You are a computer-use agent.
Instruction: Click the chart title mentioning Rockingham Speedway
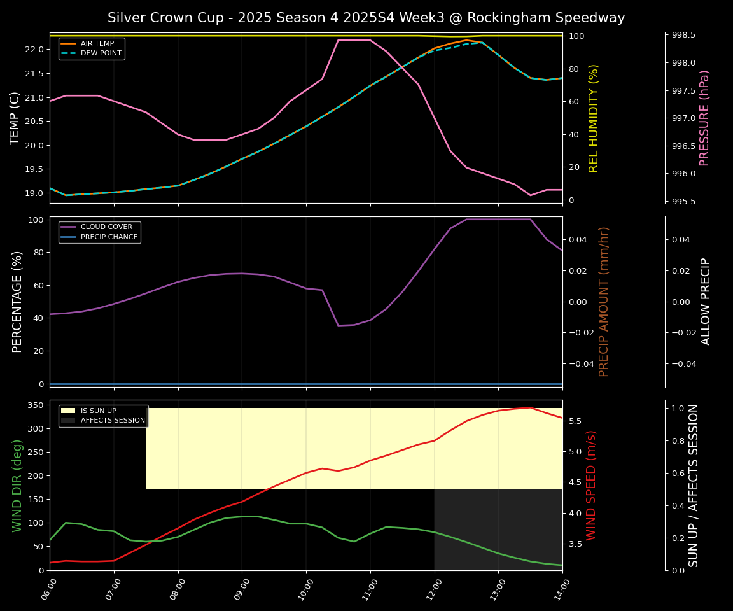pos(366,18)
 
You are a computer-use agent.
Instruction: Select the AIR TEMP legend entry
pos(97,44)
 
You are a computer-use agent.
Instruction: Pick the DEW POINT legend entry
pos(101,53)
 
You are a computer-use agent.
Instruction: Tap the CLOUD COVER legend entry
pos(106,227)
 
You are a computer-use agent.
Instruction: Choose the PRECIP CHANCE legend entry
pos(109,237)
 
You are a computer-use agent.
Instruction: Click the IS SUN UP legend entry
pos(98,411)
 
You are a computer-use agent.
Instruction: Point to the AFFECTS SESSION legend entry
pos(113,421)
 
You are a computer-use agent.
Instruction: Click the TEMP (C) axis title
pos(15,118)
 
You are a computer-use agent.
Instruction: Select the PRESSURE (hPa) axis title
pos(704,118)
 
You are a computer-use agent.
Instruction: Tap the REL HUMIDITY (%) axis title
pos(594,118)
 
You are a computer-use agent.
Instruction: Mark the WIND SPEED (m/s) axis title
pos(592,485)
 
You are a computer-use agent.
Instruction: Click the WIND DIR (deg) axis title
pos(17,485)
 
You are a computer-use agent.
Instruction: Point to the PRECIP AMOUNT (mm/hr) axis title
pos(604,301)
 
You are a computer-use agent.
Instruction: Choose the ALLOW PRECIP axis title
pos(706,301)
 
